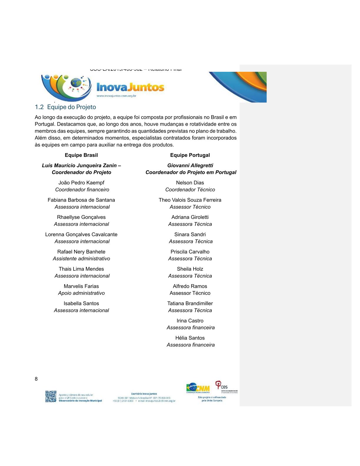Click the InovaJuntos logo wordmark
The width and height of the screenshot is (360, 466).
pos(130,87)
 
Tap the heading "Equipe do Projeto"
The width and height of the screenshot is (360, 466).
pos(71,107)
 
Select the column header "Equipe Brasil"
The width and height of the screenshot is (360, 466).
pos(81,155)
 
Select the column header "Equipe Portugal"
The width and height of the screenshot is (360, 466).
pos(190,155)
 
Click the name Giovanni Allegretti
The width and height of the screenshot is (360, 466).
pos(190,165)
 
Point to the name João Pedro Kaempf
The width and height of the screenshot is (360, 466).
pos(81,183)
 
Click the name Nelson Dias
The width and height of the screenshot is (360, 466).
pos(190,183)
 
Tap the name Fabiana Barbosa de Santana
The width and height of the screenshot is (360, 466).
pos(81,200)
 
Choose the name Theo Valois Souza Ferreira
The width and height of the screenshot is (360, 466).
pos(190,200)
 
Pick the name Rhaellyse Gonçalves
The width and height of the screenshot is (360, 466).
pos(81,217)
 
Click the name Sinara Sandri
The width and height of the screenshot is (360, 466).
pos(190,234)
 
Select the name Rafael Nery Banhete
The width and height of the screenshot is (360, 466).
pos(81,252)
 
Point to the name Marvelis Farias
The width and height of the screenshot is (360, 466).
pos(81,286)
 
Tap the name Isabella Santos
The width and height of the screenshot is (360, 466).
pos(81,303)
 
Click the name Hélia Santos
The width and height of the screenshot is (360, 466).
pos(190,338)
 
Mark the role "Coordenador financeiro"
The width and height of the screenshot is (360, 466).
pos(82,190)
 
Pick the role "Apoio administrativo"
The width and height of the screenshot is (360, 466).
pos(81,293)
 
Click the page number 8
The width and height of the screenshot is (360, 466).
pos(36,379)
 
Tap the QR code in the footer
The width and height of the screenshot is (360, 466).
pos(51,396)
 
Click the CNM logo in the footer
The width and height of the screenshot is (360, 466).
pos(198,388)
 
